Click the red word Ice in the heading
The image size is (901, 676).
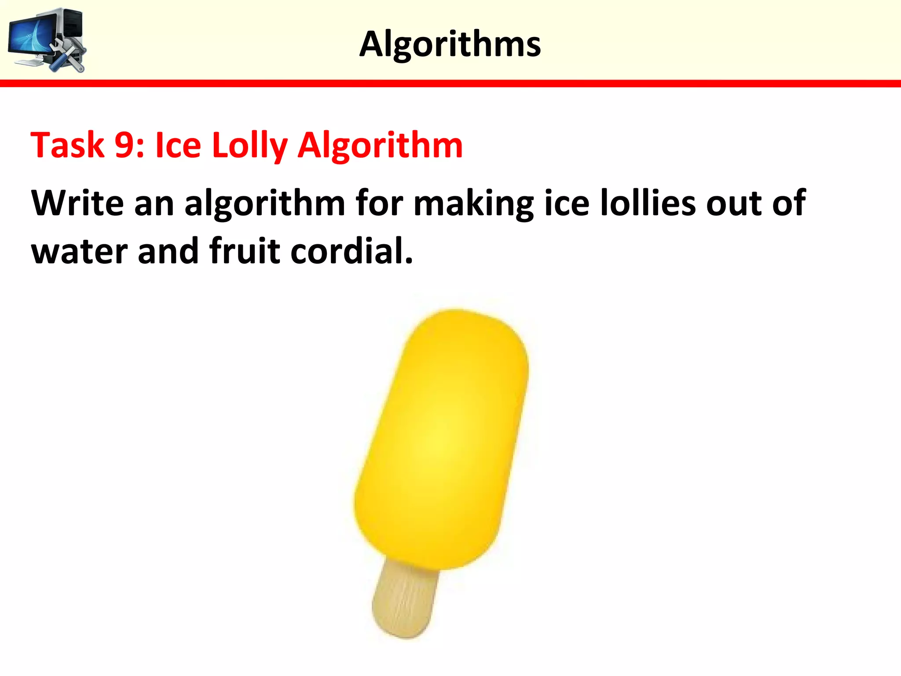coord(178,145)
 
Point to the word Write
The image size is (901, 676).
coord(77,203)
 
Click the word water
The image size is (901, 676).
coord(79,251)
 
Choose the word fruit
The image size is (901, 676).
coord(245,250)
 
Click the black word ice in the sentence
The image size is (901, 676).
coord(567,203)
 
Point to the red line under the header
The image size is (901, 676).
coord(450,84)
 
